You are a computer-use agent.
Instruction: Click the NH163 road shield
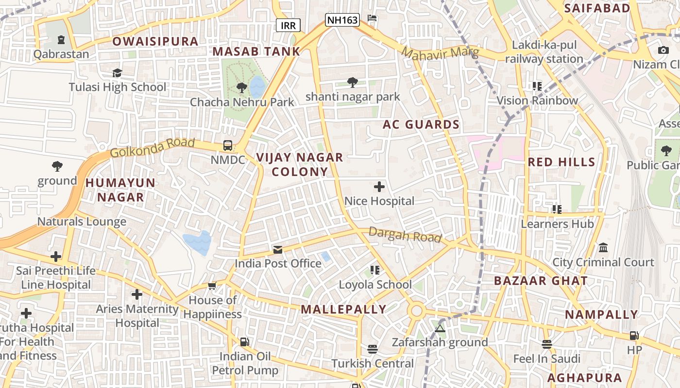(x=342, y=20)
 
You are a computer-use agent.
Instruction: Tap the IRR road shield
(x=288, y=25)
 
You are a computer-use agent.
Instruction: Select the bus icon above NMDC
(x=227, y=145)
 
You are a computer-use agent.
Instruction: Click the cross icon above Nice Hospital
(x=379, y=187)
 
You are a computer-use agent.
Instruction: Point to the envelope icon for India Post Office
(x=278, y=250)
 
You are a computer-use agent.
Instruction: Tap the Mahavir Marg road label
(x=440, y=53)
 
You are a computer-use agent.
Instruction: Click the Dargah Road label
(x=405, y=235)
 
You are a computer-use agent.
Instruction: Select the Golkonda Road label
(x=152, y=147)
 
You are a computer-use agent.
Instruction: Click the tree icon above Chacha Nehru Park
(x=241, y=88)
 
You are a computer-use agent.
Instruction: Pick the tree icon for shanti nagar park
(x=353, y=82)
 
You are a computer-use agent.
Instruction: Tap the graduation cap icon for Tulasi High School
(x=117, y=73)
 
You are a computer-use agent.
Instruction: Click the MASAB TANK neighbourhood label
(x=256, y=51)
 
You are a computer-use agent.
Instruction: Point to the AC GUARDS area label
(x=421, y=125)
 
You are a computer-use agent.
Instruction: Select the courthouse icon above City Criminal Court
(x=603, y=248)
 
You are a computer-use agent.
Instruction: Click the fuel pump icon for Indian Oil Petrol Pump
(x=245, y=342)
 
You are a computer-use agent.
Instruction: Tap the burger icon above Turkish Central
(x=373, y=349)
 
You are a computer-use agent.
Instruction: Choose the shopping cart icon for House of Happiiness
(x=212, y=286)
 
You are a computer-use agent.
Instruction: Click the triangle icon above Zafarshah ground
(x=440, y=328)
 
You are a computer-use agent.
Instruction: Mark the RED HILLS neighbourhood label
(x=561, y=162)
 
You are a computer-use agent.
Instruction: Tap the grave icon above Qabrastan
(x=61, y=40)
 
